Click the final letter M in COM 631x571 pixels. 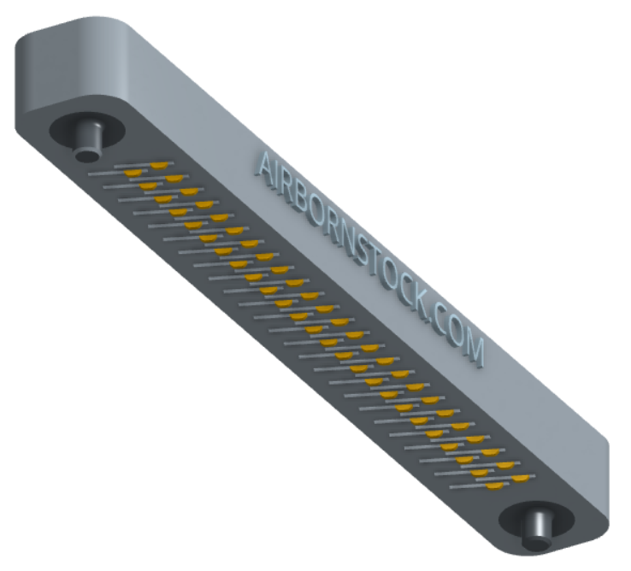pos(475,349)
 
